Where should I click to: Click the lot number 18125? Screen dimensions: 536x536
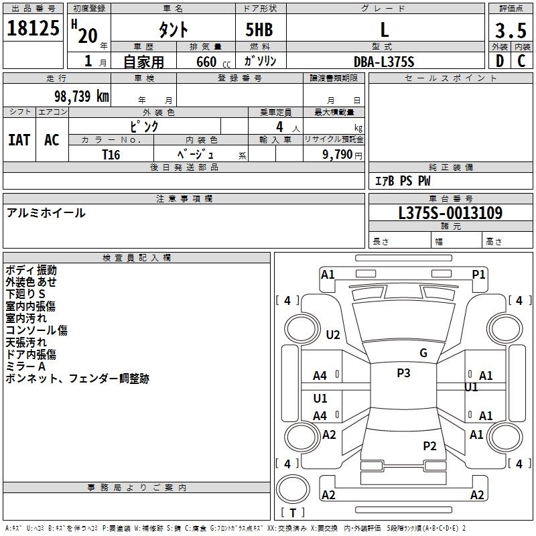click(33, 28)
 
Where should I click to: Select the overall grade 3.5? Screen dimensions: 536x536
click(511, 31)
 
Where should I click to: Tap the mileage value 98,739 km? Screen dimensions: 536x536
click(81, 96)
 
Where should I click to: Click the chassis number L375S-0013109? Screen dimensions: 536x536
click(450, 213)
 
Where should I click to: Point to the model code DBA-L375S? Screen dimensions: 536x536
click(384, 62)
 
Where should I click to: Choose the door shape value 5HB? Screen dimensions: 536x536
click(259, 29)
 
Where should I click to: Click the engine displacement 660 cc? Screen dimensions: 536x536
click(213, 62)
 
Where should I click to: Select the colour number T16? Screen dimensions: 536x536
click(111, 155)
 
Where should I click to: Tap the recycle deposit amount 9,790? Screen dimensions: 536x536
click(338, 155)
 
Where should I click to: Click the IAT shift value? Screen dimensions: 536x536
click(19, 140)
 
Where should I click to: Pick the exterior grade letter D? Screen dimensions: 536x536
click(500, 61)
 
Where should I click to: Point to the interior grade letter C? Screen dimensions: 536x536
click(521, 61)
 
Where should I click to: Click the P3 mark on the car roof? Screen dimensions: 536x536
click(403, 373)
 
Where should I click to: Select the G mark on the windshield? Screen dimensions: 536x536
click(423, 353)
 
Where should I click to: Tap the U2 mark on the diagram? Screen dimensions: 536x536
click(332, 334)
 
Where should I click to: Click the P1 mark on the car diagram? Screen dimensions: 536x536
click(478, 275)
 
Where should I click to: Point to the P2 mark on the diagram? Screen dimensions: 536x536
click(429, 446)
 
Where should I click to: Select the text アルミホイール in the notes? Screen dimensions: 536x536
click(46, 213)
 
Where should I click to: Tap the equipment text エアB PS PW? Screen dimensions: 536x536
click(403, 181)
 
